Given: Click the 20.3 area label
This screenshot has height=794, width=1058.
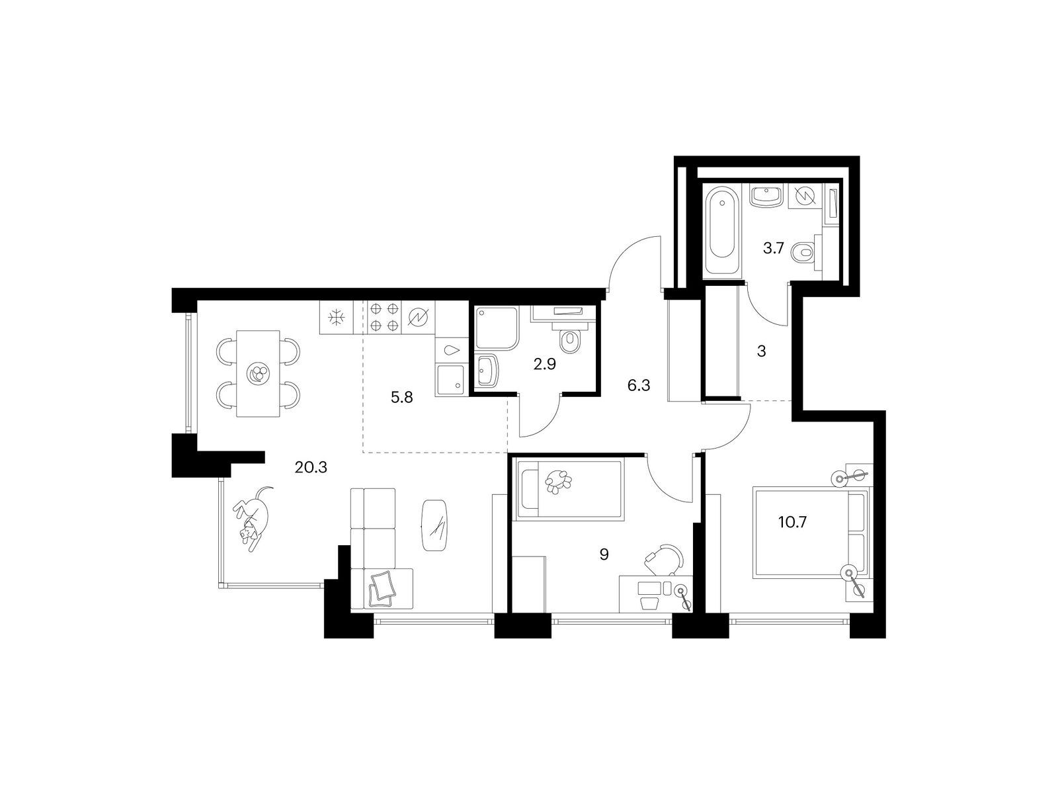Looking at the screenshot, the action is pyautogui.click(x=311, y=466).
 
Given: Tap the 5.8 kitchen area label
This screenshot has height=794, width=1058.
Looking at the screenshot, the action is pyautogui.click(x=401, y=398).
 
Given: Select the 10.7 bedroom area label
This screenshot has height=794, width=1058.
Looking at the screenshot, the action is pyautogui.click(x=792, y=522).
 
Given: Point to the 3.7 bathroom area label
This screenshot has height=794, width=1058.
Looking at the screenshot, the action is pyautogui.click(x=774, y=248).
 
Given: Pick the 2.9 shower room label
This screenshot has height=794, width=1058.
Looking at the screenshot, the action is pyautogui.click(x=545, y=364).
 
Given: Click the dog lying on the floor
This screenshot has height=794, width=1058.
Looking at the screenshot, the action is pyautogui.click(x=252, y=518).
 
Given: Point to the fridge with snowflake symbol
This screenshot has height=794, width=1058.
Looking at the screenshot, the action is pyautogui.click(x=336, y=317).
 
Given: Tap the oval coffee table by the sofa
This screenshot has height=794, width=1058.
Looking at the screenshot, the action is pyautogui.click(x=434, y=525).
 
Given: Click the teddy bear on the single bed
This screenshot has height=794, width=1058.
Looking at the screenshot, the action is pyautogui.click(x=558, y=480).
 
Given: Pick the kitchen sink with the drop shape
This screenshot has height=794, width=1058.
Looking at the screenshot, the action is pyautogui.click(x=452, y=351).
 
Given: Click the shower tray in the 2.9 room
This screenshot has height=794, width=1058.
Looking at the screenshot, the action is pyautogui.click(x=497, y=328).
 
